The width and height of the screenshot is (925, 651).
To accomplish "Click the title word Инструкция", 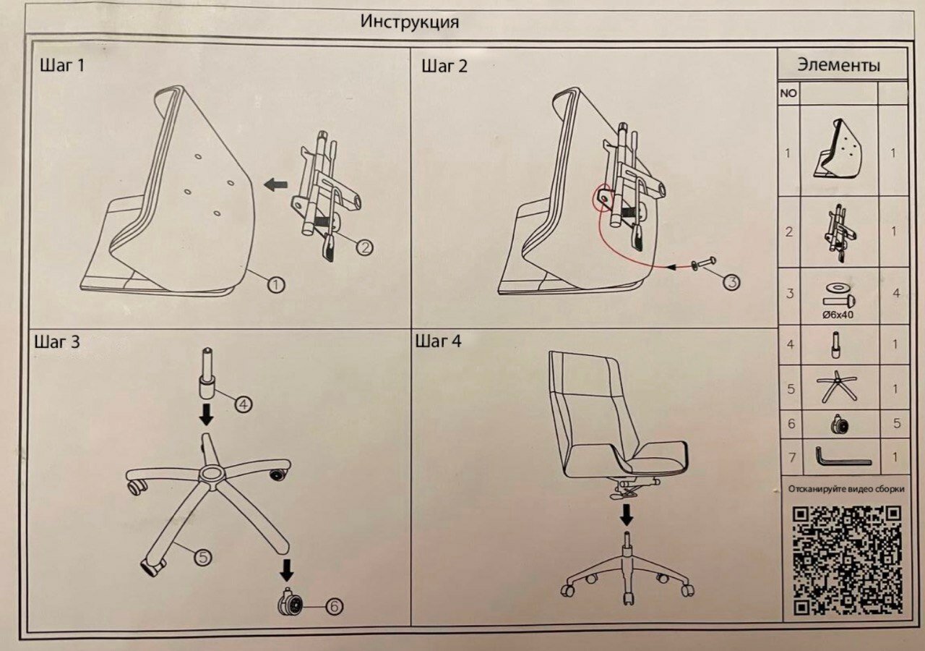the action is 409,22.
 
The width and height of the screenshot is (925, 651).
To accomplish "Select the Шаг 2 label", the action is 444,67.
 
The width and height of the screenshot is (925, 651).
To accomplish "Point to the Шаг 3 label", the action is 56,342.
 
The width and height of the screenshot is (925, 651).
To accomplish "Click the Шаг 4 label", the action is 438,341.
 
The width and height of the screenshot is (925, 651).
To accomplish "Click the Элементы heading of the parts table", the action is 839,65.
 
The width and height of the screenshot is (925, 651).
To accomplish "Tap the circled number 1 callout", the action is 275,284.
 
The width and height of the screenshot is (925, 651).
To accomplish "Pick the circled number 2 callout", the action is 365,247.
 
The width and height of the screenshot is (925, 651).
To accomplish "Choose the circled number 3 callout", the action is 731,282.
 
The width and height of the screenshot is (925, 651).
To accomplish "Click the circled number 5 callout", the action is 203,556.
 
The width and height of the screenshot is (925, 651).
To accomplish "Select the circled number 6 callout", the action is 334,606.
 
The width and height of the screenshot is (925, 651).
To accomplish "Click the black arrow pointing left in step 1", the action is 275,185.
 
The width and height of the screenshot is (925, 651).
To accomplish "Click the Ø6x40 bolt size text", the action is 839,315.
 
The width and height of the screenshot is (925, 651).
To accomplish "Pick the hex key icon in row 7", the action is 842,457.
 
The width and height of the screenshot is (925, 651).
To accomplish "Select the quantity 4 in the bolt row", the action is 896,294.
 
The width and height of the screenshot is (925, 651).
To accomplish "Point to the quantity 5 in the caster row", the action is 897,424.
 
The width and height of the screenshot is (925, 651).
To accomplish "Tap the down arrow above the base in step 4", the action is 627,514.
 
